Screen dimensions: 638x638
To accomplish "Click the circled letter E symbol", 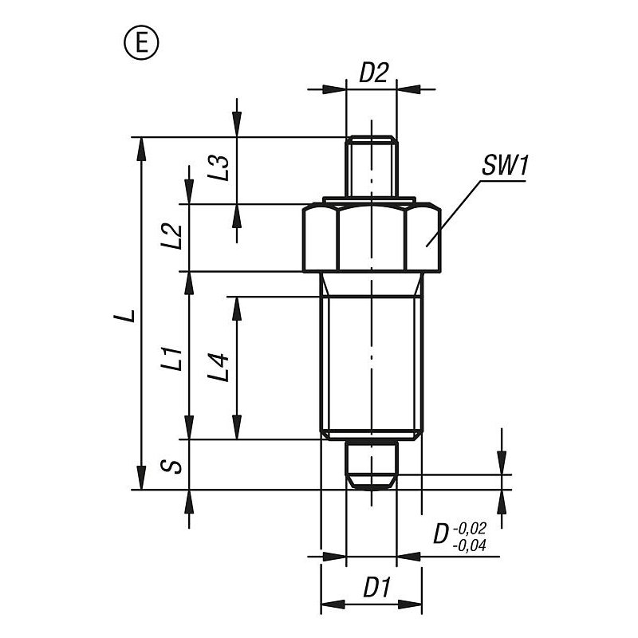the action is [x=141, y=43].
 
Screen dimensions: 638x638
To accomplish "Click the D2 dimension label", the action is [x=373, y=73].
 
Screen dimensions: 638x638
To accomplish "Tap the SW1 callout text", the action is [x=505, y=166].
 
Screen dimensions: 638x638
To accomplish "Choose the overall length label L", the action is [x=125, y=315].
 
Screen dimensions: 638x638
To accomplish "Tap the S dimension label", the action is [x=171, y=466].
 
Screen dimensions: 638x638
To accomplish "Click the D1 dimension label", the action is [x=376, y=588].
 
